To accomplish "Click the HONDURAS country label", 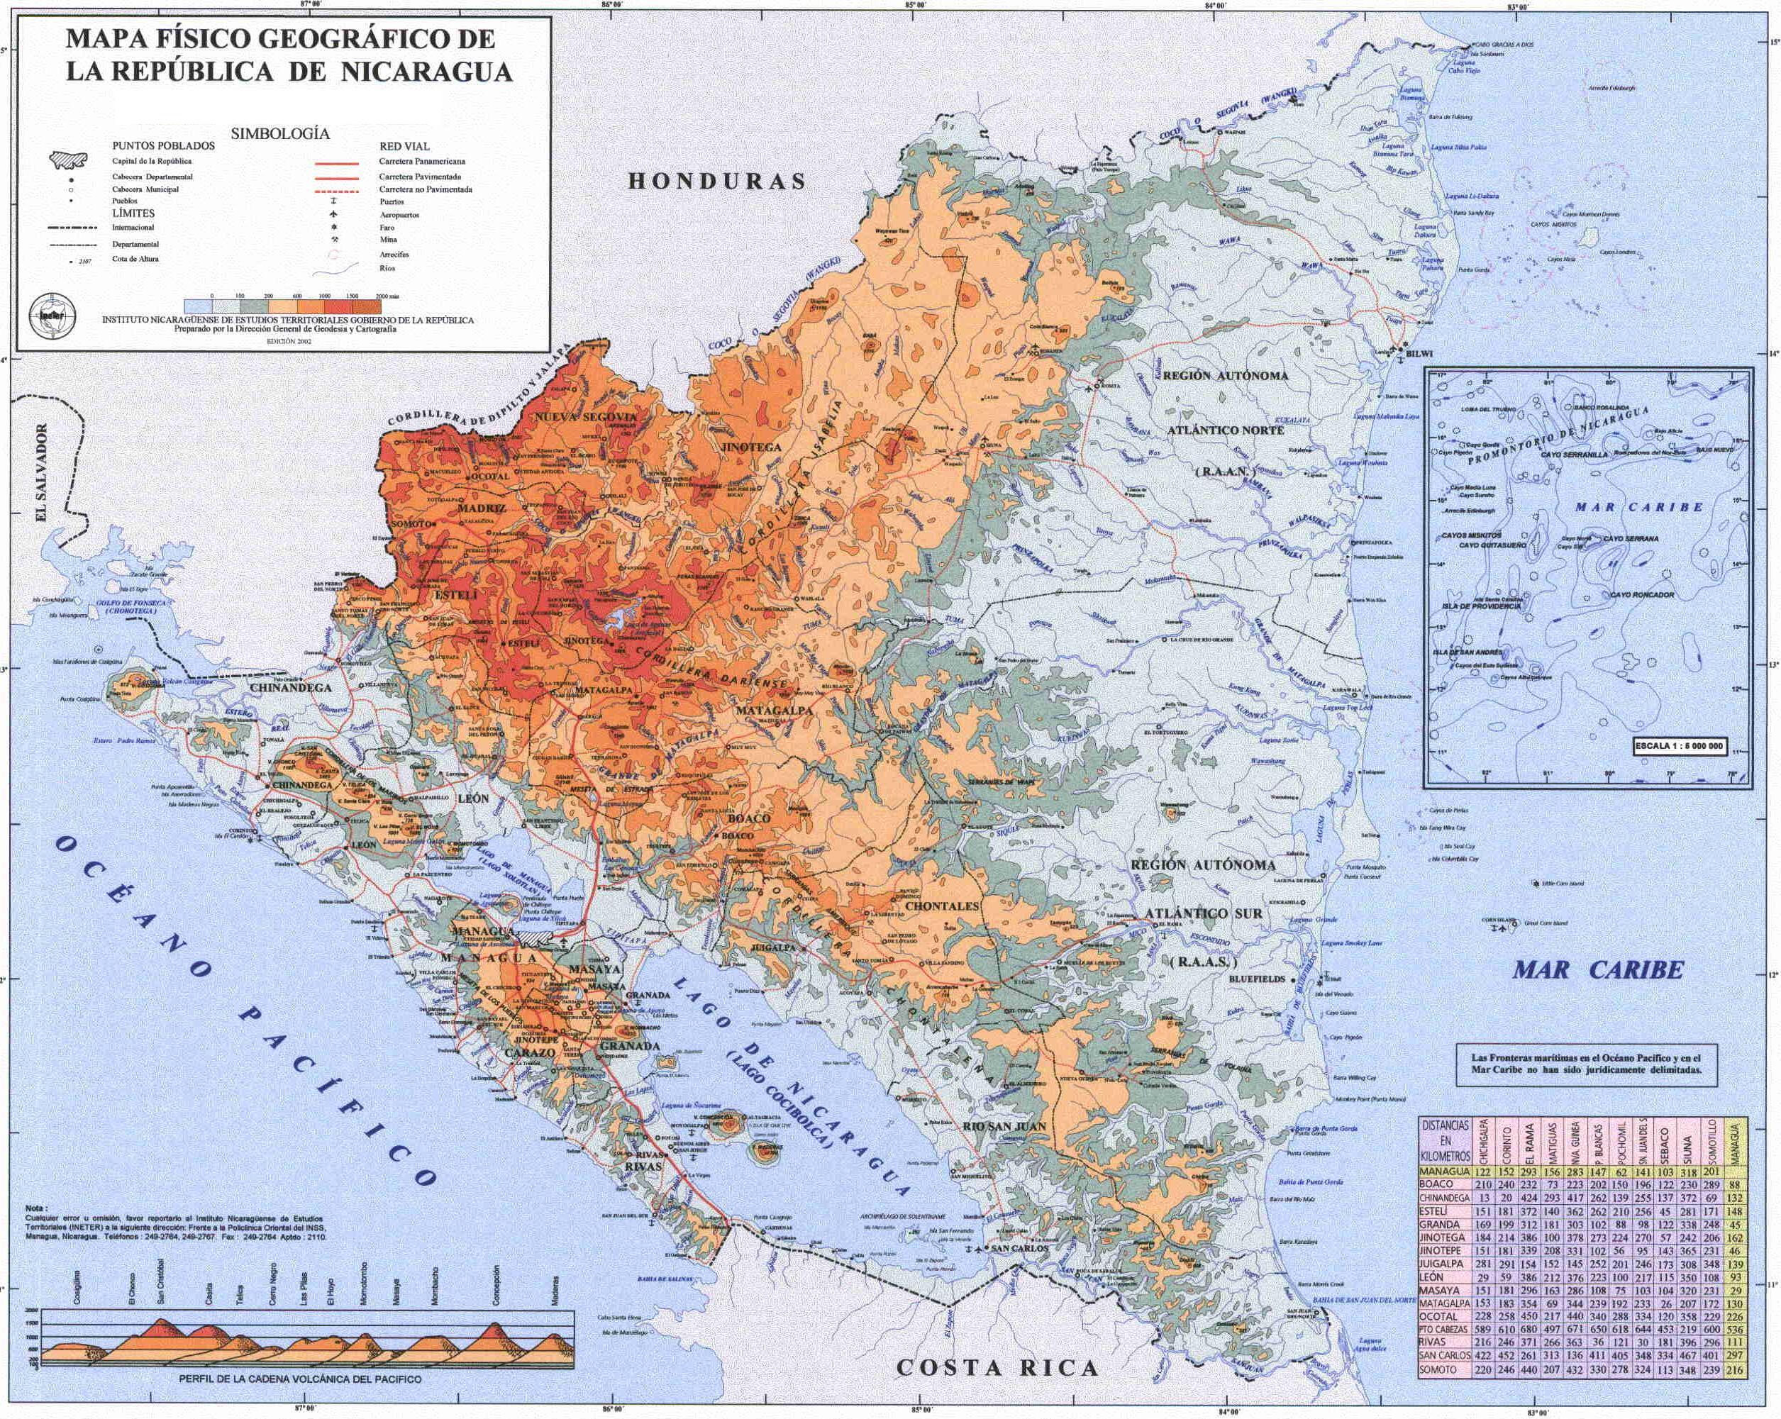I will coord(716,182).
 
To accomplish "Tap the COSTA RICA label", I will coord(997,1368).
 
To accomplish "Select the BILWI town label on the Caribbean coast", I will coord(1419,355).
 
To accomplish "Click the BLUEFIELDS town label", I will coord(1258,979).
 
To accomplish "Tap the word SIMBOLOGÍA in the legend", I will coord(280,134).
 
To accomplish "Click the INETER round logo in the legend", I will coord(53,315).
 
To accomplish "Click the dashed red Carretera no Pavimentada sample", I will coord(336,190).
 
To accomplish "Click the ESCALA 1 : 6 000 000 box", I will coord(1679,746).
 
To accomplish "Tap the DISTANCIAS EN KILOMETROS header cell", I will coord(1445,1140).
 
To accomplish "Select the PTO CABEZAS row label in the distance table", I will coord(1444,1329).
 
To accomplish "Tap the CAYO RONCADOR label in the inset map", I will coord(1642,595).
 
